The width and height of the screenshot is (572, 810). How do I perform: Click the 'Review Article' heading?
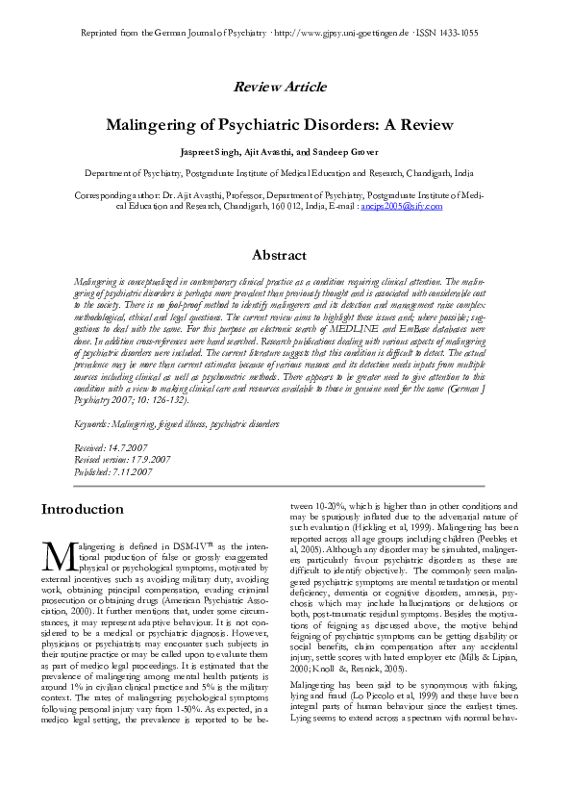click(286, 88)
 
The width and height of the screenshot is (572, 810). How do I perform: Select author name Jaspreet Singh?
click(210, 153)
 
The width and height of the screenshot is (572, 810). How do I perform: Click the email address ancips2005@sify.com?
click(400, 206)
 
